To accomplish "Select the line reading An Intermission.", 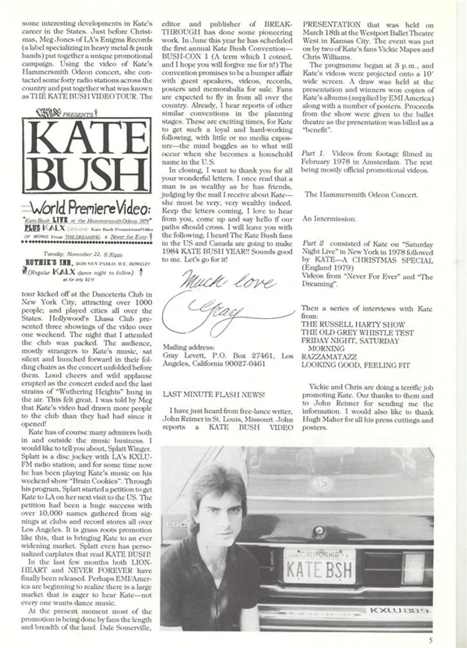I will [329, 219].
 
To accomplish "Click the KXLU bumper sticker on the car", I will [399, 611].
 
